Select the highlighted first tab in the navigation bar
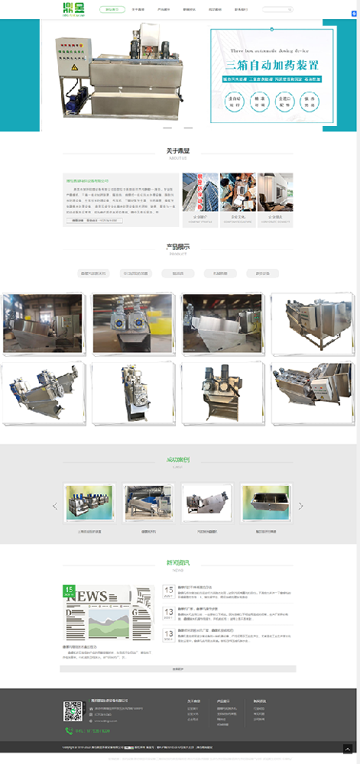click(112, 10)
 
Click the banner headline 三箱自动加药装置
click(271, 65)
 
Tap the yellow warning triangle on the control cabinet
click(75, 67)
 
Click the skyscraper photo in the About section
click(200, 193)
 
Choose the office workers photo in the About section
click(238, 193)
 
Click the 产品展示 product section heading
click(179, 246)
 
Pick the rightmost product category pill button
click(262, 273)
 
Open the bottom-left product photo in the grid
click(43, 393)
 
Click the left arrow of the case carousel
click(55, 506)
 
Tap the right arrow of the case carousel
click(300, 506)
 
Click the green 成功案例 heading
click(179, 460)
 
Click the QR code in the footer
click(73, 711)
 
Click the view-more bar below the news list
click(178, 668)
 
